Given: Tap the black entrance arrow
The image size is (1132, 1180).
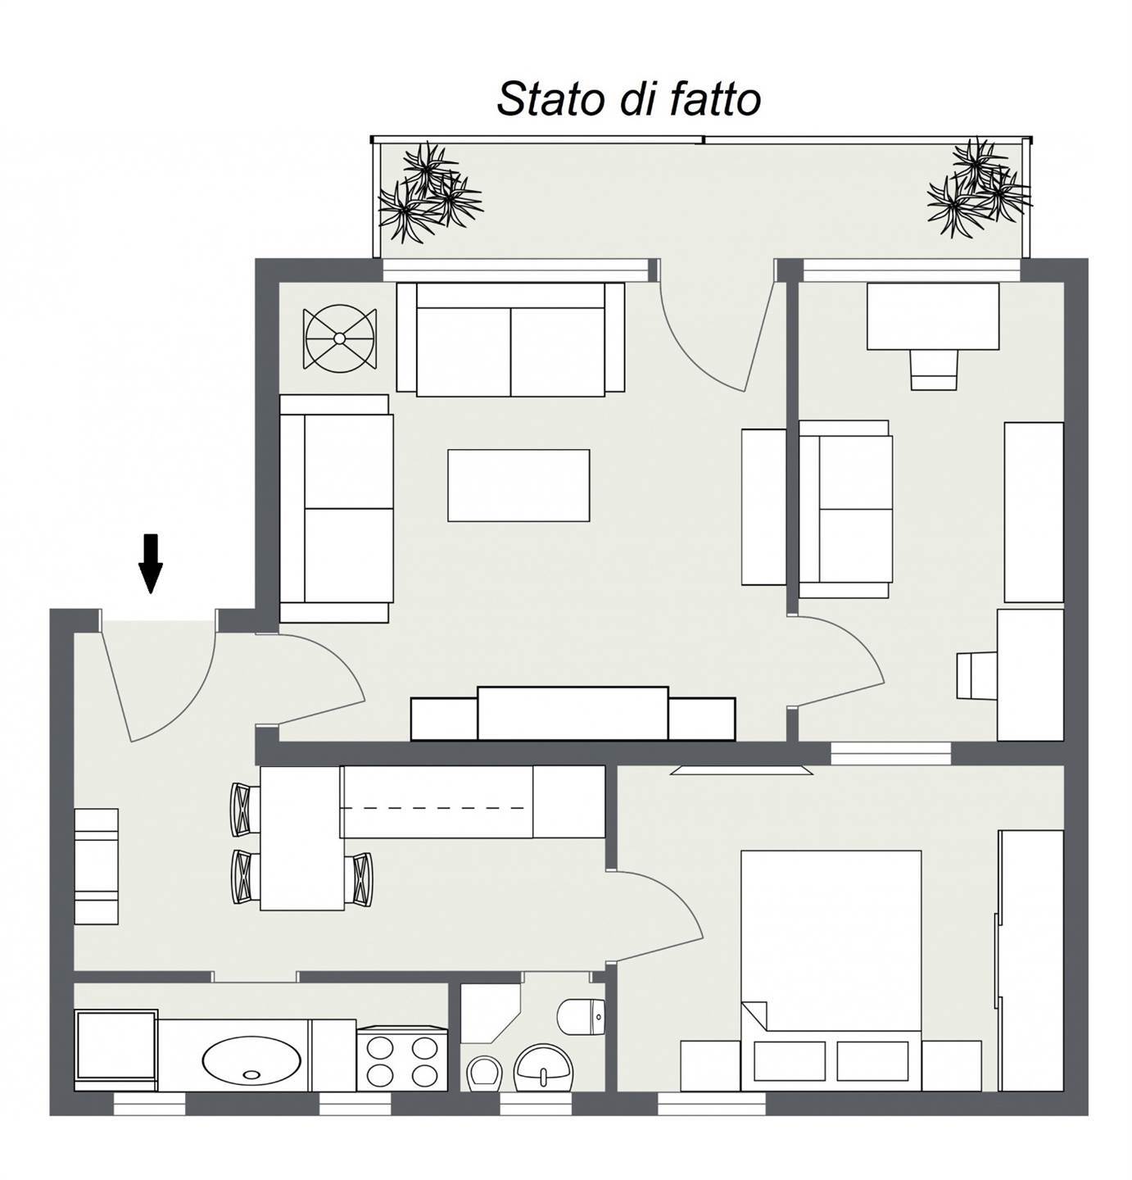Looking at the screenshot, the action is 151,563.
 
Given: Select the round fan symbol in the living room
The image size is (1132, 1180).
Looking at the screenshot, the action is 340,338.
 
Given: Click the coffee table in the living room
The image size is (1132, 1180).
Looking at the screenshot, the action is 518,485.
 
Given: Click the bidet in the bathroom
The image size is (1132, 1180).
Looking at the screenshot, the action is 485,1073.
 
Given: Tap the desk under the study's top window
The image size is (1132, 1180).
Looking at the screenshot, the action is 933,316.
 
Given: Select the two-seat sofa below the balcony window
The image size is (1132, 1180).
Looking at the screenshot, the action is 511,339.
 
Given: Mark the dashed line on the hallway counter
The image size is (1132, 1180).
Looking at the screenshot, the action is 432,808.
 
